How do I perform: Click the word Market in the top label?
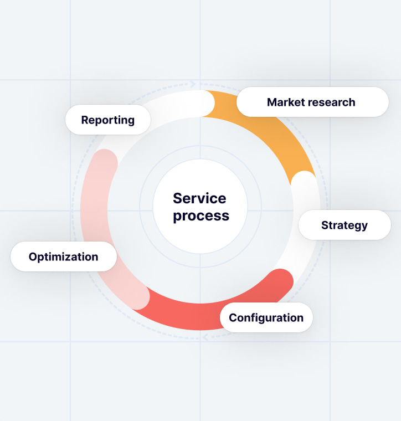pyautogui.click(x=284, y=102)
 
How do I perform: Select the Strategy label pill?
pyautogui.click(x=345, y=225)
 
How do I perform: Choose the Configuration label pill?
pyautogui.click(x=266, y=318)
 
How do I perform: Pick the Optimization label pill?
pyautogui.click(x=63, y=257)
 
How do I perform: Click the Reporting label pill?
pyautogui.click(x=108, y=120)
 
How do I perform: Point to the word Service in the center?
pyautogui.click(x=199, y=198)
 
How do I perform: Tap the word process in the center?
pyautogui.click(x=200, y=215)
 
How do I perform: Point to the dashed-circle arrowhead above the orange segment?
pyautogui.click(x=193, y=84)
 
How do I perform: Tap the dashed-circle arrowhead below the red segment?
pyautogui.click(x=205, y=337)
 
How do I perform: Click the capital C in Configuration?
pyautogui.click(x=233, y=318)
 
